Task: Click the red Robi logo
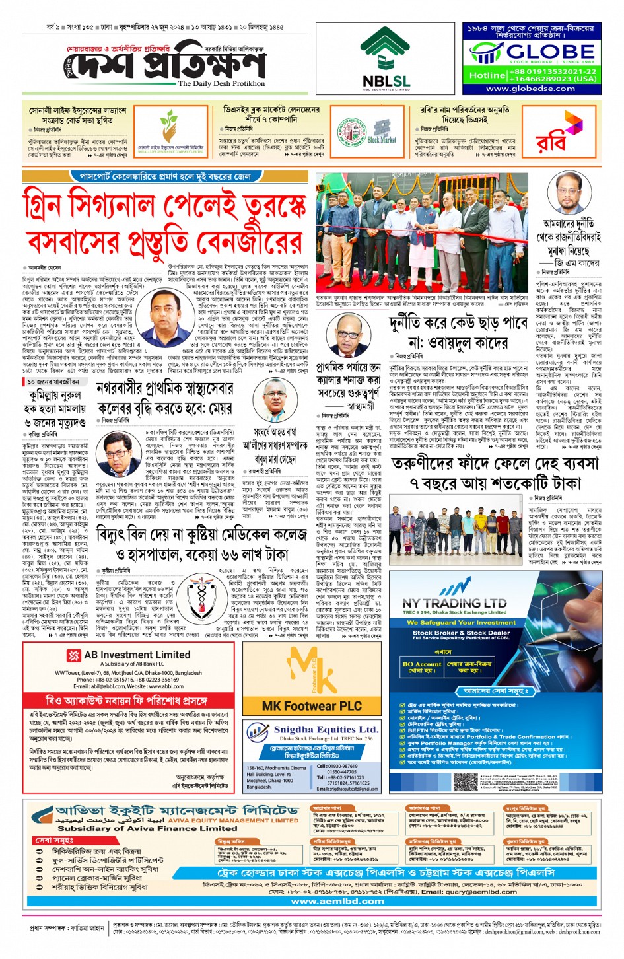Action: (552, 136)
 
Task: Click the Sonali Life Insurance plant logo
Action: (170, 127)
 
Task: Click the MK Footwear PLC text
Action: (312, 706)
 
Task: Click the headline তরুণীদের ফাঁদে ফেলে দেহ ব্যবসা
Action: (495, 464)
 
